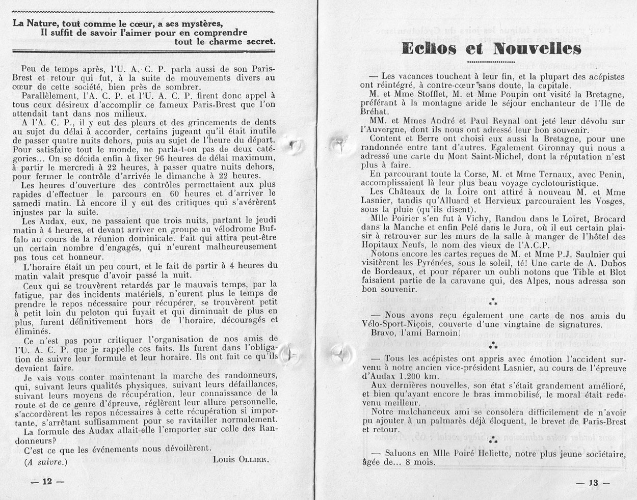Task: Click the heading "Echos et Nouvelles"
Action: click(x=491, y=48)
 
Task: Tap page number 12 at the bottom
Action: click(x=47, y=482)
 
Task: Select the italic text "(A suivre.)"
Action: click(x=46, y=462)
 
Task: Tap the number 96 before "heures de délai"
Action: click(x=134, y=158)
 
